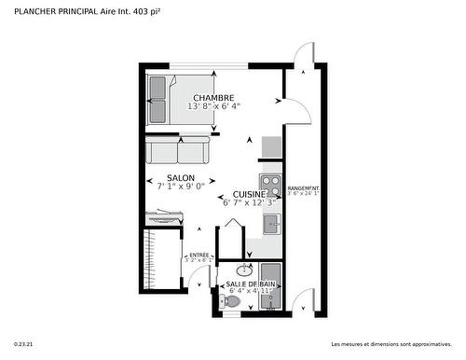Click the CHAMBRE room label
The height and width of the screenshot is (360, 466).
213,98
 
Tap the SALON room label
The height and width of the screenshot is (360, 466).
181,178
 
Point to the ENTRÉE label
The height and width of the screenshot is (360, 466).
199,255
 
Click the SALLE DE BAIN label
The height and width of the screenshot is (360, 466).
250,283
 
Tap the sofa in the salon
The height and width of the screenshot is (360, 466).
178,150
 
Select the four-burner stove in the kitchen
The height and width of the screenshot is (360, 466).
270,183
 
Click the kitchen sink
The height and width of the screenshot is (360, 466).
271,224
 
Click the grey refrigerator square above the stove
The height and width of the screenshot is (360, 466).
271,147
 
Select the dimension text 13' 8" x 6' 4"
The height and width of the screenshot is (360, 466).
213,106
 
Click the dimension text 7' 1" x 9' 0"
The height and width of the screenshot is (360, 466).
181,187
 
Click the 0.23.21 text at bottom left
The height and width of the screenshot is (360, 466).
25,342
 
